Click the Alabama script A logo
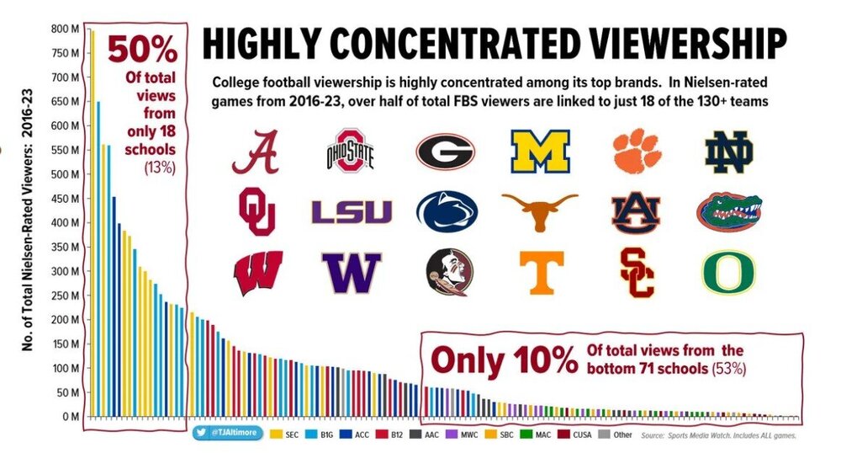256,151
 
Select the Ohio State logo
349,152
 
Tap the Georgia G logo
445,151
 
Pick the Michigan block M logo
540,152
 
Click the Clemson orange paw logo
637,151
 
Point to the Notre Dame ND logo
728,152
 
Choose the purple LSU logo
351,211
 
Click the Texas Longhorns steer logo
540,211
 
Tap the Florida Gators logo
728,211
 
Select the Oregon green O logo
728,272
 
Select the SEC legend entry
283,434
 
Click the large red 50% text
144,51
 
